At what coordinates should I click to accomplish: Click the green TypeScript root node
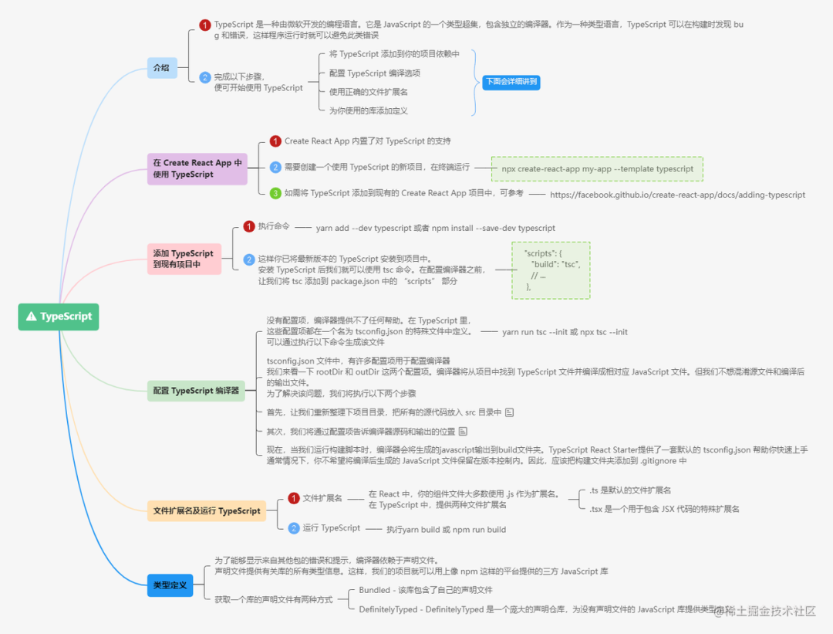pyautogui.click(x=59, y=316)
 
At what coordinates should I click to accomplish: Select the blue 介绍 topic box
pyautogui.click(x=162, y=68)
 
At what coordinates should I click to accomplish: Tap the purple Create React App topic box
pyautogui.click(x=197, y=168)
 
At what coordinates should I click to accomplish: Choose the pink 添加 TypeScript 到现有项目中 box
pyautogui.click(x=184, y=259)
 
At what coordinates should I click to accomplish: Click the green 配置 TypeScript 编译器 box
pyautogui.click(x=196, y=391)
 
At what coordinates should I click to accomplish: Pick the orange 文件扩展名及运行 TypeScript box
pyautogui.click(x=207, y=510)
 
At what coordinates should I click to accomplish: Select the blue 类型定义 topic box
pyautogui.click(x=169, y=585)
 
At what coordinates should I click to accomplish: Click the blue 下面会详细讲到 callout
pyautogui.click(x=511, y=81)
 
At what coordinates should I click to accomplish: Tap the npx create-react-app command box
pyautogui.click(x=598, y=168)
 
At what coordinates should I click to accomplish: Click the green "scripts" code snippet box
pyautogui.click(x=551, y=270)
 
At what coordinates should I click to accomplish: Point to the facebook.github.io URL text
pyautogui.click(x=677, y=195)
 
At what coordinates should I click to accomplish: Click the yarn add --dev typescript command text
pyautogui.click(x=435, y=229)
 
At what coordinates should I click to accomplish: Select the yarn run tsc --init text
pyautogui.click(x=565, y=332)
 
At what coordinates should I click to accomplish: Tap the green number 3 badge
pyautogui.click(x=275, y=193)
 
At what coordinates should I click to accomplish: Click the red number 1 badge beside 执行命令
pyautogui.click(x=249, y=226)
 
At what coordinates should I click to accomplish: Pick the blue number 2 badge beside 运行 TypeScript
pyautogui.click(x=293, y=528)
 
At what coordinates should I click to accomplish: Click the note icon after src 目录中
pyautogui.click(x=509, y=412)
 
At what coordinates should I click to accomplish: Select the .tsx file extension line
pyautogui.click(x=663, y=509)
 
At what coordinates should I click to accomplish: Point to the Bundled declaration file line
pyautogui.click(x=425, y=590)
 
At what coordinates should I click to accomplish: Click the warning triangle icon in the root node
pyautogui.click(x=32, y=316)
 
